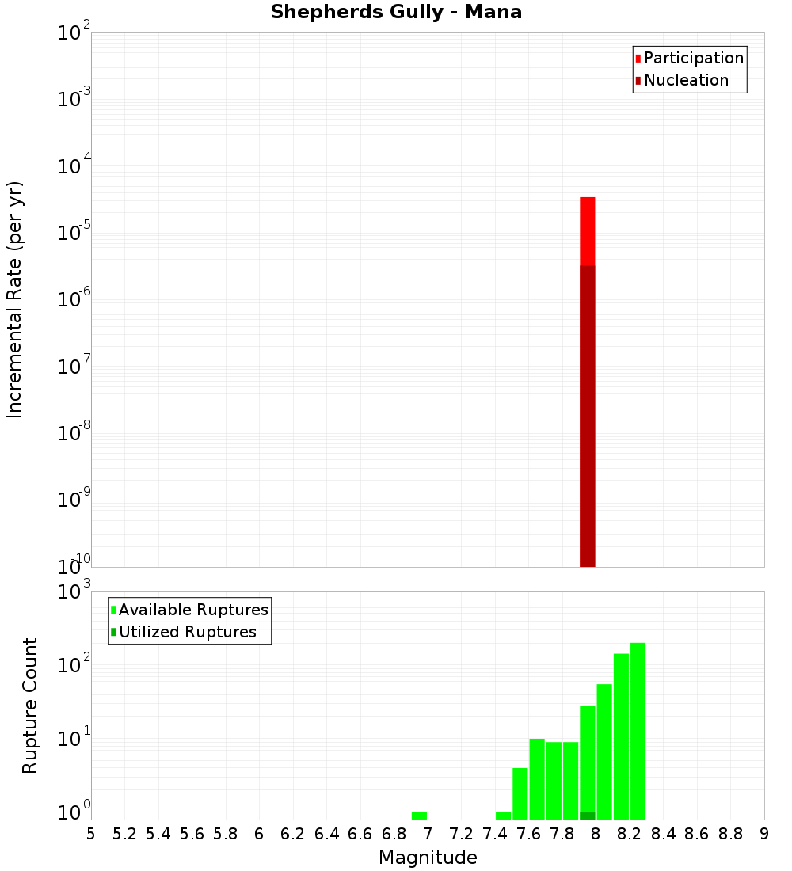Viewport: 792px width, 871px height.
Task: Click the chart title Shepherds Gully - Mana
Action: click(x=396, y=13)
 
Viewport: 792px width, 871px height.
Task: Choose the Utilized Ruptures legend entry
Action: click(x=186, y=632)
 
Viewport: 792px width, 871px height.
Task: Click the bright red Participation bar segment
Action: click(x=588, y=231)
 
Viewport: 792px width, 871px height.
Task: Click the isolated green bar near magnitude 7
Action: click(x=419, y=816)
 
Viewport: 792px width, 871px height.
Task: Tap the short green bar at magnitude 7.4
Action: click(x=503, y=816)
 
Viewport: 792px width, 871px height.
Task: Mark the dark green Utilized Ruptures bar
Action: click(x=588, y=816)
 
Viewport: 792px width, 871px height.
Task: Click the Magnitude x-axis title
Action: click(x=428, y=858)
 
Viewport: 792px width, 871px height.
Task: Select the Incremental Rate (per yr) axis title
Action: click(x=15, y=299)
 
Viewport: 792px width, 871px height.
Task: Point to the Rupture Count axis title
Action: click(x=30, y=706)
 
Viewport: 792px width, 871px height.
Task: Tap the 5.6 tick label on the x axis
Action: click(x=192, y=834)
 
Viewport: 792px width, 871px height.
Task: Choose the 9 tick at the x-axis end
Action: click(x=763, y=834)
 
